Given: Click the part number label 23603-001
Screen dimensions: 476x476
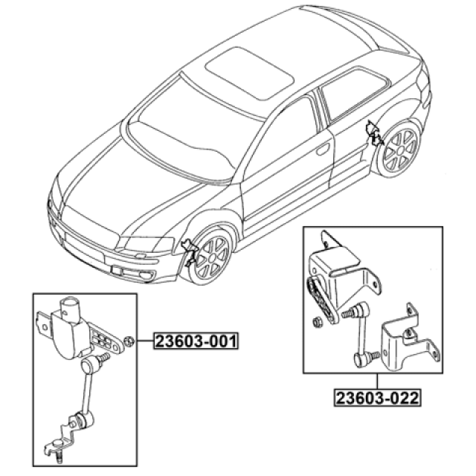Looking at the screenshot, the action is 196,341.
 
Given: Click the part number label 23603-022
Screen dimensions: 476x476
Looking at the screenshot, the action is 377,398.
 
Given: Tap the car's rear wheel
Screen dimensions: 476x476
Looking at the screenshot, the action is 400,150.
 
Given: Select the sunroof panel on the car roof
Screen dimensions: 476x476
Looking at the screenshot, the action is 249,73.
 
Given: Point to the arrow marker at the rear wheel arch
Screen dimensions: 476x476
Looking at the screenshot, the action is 375,133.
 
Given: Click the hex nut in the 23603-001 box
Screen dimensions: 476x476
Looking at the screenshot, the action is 130,341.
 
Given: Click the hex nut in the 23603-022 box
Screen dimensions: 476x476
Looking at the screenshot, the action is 317,322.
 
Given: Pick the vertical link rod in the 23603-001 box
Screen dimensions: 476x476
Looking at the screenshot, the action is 87,392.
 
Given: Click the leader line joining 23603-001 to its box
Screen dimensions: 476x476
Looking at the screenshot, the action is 145,341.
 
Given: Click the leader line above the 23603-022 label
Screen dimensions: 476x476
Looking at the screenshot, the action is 377,381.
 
